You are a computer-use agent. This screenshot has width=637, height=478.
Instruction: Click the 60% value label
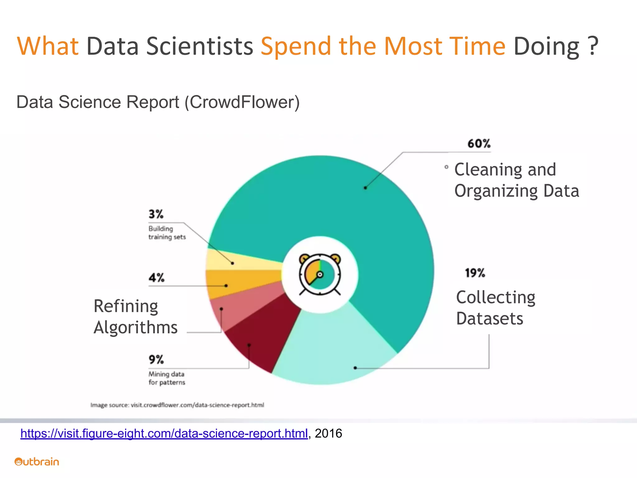(x=479, y=144)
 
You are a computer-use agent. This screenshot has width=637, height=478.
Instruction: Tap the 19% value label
(x=475, y=273)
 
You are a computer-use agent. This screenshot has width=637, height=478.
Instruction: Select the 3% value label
(x=156, y=214)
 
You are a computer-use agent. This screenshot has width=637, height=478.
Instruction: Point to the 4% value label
(x=156, y=277)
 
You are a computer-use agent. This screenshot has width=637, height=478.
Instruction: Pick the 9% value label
(x=156, y=359)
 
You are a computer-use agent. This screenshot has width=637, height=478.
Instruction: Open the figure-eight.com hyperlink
(x=164, y=433)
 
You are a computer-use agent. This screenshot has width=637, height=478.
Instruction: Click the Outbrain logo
(x=37, y=462)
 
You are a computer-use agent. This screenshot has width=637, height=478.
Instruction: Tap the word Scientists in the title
(x=200, y=46)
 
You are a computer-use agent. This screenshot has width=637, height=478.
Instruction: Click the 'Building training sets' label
(x=167, y=233)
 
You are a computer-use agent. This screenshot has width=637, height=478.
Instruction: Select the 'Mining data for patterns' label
(x=167, y=378)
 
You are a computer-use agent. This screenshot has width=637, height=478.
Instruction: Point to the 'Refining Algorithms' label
(x=135, y=316)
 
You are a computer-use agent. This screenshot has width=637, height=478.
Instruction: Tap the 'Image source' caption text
(x=177, y=405)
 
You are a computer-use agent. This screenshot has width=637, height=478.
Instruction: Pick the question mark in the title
(x=593, y=46)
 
